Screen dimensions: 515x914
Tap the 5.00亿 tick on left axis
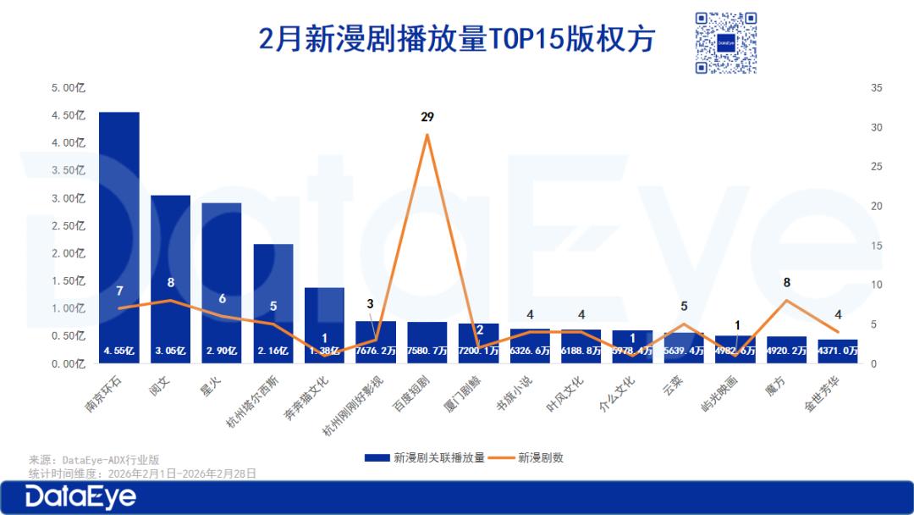click(x=69, y=88)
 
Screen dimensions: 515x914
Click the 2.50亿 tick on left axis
click(x=69, y=226)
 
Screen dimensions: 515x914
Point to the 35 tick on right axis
click(x=876, y=88)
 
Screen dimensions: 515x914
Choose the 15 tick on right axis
click(x=876, y=246)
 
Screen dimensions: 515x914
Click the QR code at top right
click(x=726, y=42)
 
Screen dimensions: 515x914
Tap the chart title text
click(x=457, y=39)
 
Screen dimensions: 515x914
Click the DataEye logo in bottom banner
click(x=80, y=497)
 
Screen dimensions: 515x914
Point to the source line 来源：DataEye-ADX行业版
click(x=94, y=460)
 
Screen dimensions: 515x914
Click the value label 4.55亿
click(x=118, y=350)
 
